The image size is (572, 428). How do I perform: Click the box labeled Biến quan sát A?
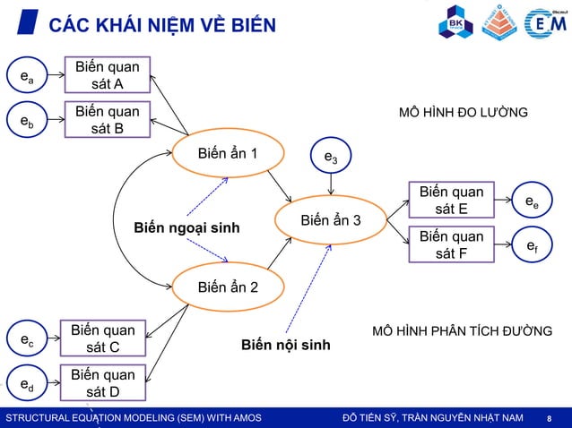point(107,75)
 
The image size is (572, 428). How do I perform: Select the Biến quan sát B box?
point(107,120)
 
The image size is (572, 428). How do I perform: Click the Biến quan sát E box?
point(451,201)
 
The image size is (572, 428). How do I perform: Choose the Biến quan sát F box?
point(451,244)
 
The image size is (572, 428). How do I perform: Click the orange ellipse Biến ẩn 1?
point(228,154)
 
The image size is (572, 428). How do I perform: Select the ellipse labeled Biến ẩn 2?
point(228,287)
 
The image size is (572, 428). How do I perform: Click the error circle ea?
point(28,77)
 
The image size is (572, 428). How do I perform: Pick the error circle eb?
point(28,122)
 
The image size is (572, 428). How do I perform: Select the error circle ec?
point(28,340)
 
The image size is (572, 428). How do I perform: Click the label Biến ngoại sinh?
point(187,228)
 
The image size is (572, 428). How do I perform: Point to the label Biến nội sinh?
point(286,345)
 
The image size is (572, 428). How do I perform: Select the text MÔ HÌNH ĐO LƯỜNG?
point(463,113)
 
